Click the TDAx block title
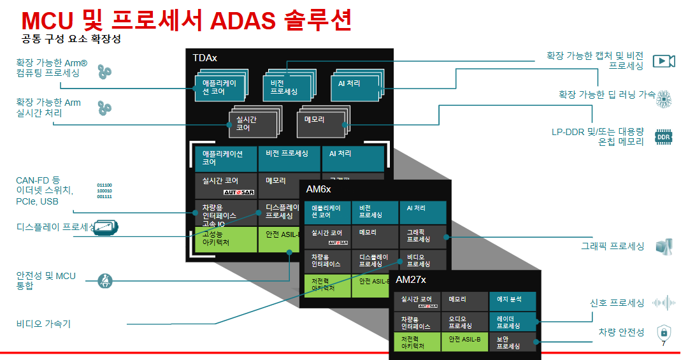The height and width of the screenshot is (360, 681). [x=205, y=58]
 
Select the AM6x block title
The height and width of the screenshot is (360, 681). [x=319, y=190]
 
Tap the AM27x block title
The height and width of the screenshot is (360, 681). [x=411, y=280]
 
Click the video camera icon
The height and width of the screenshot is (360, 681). [x=664, y=61]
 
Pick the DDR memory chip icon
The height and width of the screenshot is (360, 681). [x=664, y=137]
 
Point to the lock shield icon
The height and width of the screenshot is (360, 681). [x=664, y=332]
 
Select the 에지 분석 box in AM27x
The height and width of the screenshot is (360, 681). [x=513, y=301]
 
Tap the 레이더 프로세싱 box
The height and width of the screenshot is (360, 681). [x=513, y=322]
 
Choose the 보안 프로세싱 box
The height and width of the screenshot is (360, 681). [x=513, y=342]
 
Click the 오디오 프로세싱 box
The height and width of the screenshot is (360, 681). [x=465, y=322]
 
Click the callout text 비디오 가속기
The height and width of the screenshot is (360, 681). [x=43, y=324]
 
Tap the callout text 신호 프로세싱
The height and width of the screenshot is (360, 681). [x=617, y=303]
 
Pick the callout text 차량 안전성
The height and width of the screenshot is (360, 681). [x=621, y=332]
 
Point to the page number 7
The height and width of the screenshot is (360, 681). [x=664, y=344]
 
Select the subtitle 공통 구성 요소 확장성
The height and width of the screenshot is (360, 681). [x=71, y=39]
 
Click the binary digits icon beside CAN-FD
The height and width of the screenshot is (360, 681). [x=104, y=191]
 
